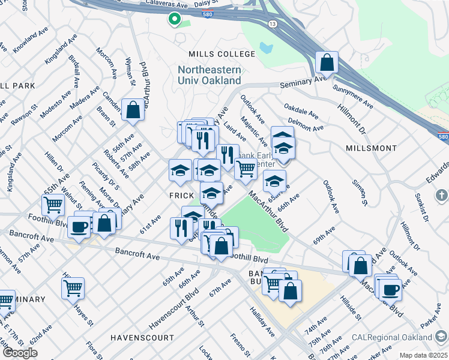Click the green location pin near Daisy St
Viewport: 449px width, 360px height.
[174, 19]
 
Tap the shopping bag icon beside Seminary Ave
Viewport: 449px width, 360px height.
[327, 62]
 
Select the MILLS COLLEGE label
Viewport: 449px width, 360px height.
[221, 54]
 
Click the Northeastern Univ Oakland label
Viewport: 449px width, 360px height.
[209, 75]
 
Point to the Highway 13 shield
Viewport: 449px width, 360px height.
[273, 23]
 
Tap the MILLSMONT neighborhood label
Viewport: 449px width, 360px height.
[372, 148]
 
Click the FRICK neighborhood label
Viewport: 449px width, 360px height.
[181, 196]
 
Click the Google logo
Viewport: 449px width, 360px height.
[20, 352]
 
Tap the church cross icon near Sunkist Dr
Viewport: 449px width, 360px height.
[441, 195]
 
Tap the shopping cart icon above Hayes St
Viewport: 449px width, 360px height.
[73, 288]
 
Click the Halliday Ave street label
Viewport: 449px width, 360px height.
[262, 323]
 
